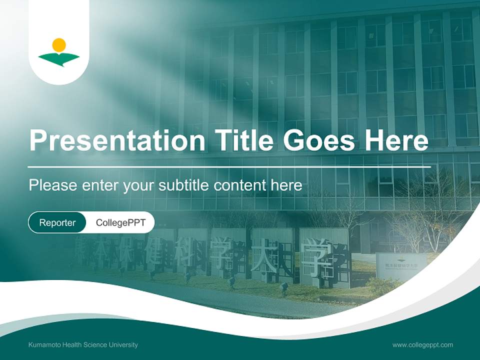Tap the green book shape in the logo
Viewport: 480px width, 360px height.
[x=59, y=59]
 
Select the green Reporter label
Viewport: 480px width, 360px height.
[x=57, y=222]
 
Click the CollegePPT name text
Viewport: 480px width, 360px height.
[x=120, y=222]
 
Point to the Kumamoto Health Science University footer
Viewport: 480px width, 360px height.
[x=83, y=345]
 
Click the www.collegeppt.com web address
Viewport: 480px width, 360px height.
[x=422, y=345]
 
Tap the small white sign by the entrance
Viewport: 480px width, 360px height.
[x=401, y=265]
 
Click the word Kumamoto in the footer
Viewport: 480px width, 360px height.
[x=44, y=345]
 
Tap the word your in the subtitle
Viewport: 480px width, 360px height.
[x=138, y=185]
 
